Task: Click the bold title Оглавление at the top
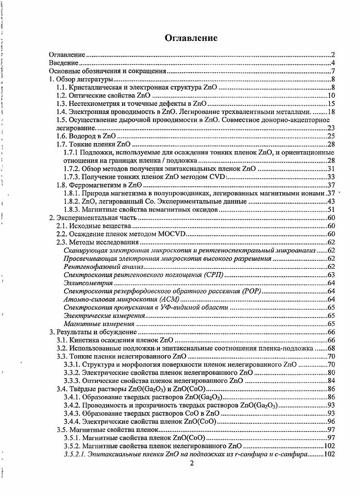pos(191,38)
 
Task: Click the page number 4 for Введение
pos(333,63)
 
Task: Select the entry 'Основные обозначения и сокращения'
pos(107,71)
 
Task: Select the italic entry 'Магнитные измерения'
pos(99,324)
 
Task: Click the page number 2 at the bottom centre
pos(192,463)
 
